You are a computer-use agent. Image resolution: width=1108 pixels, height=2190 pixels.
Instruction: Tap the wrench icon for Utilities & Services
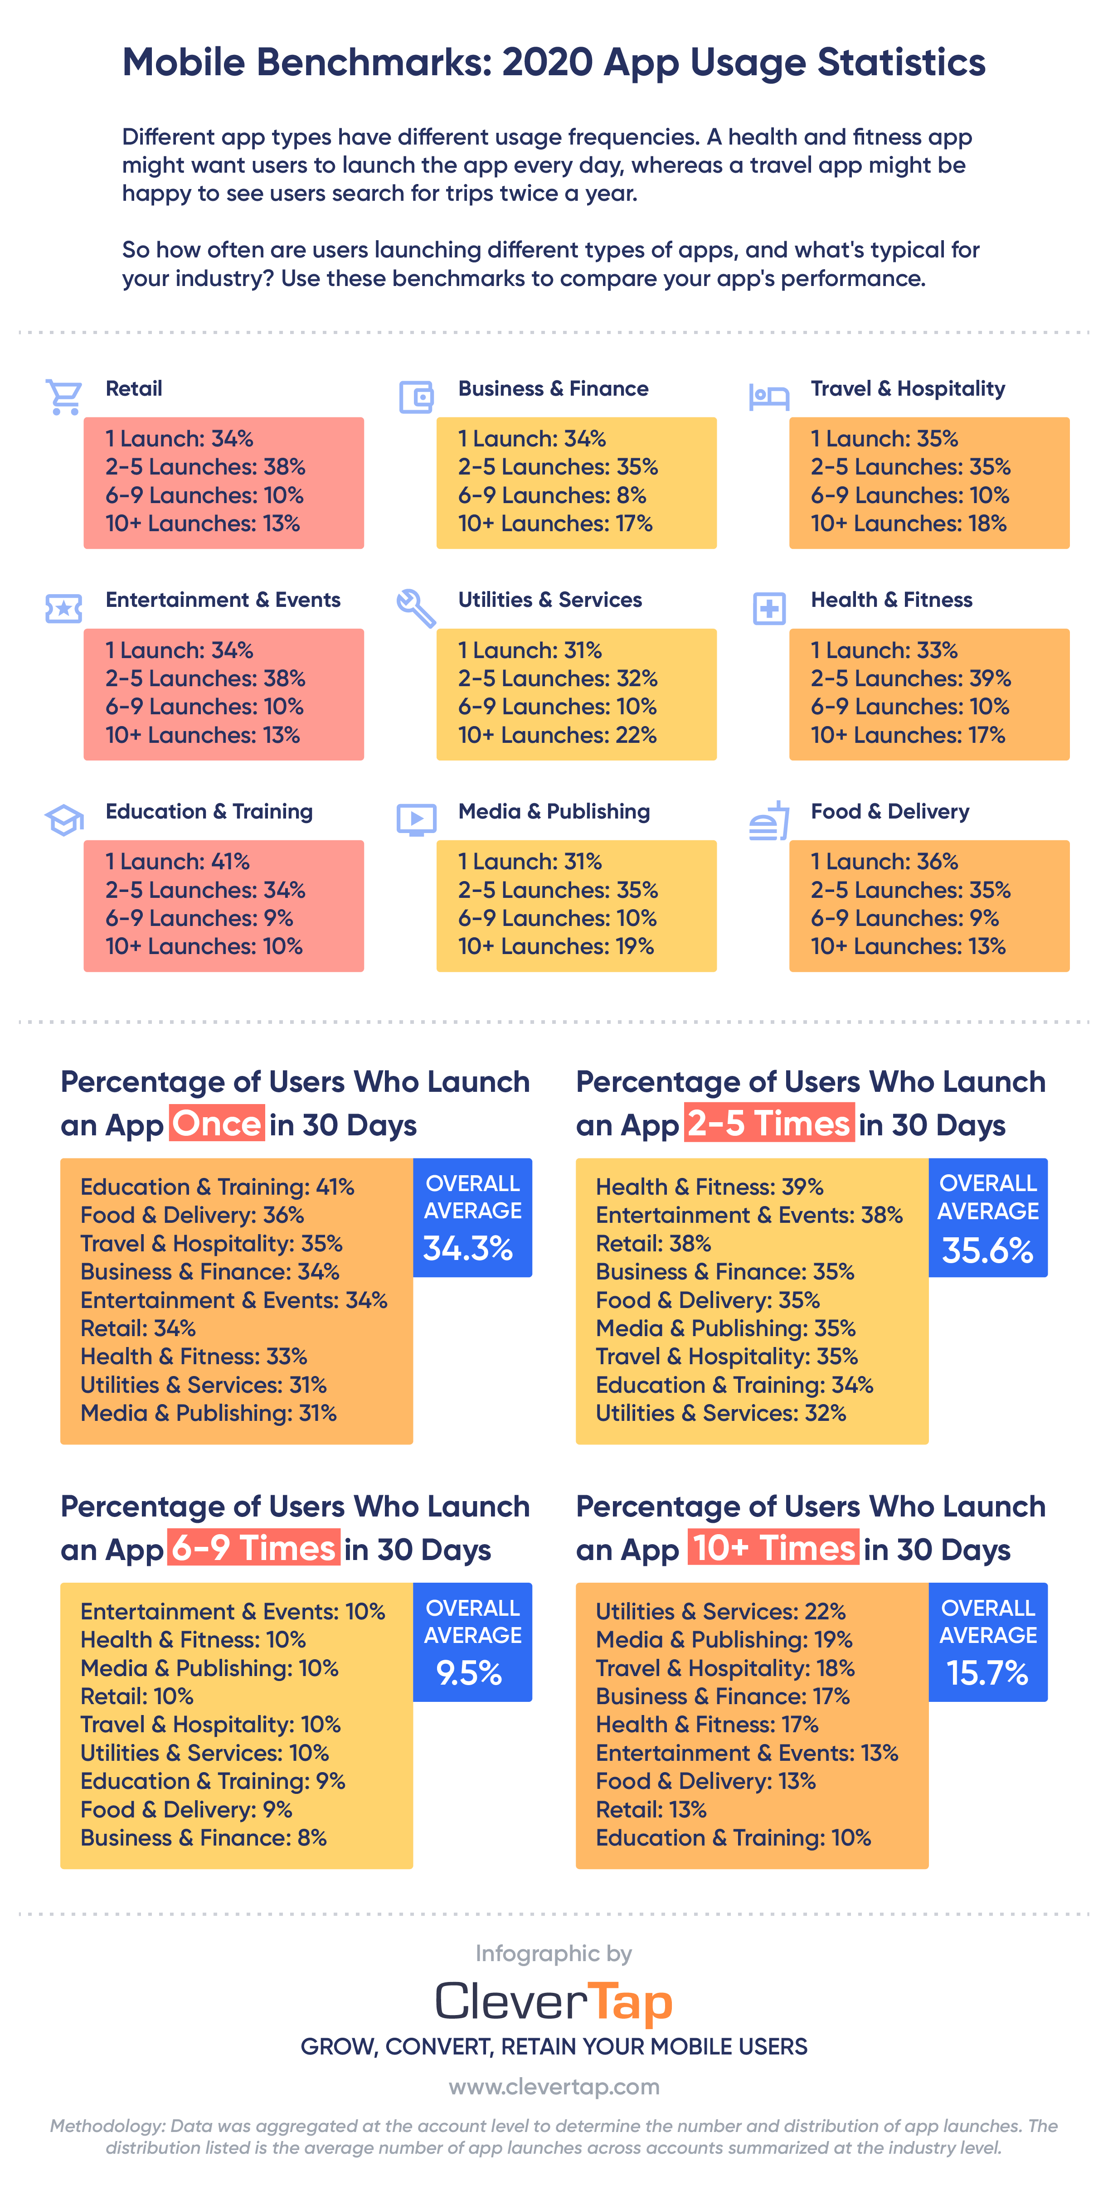(416, 608)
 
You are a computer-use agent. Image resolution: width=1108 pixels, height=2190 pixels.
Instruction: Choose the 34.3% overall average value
(468, 1248)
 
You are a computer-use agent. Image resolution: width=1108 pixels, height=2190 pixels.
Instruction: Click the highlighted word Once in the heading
(217, 1124)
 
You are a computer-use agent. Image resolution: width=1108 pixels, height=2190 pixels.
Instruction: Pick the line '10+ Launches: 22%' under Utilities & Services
(557, 735)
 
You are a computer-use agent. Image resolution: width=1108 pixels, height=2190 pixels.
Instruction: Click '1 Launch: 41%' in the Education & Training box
(178, 861)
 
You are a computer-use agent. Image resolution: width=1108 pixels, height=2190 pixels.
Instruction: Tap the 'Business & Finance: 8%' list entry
(203, 1837)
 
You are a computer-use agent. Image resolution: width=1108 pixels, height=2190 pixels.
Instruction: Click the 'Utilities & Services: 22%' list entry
(720, 1611)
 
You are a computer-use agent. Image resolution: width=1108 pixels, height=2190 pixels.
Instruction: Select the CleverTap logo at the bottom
(554, 2002)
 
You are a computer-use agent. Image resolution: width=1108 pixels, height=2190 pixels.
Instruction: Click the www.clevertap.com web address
(554, 2086)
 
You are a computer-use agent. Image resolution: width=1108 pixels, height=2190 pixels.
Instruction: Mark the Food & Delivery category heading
(889, 811)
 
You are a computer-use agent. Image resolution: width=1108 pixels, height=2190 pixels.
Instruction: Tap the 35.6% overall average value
(987, 1250)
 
